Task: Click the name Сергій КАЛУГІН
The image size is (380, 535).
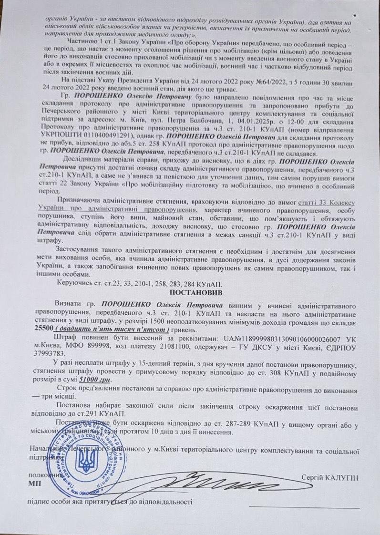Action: coord(330,478)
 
